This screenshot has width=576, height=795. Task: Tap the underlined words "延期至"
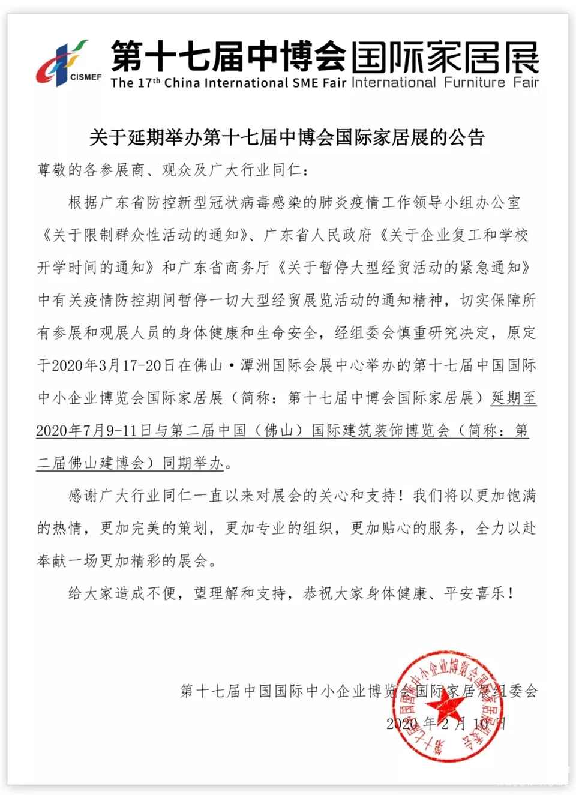(x=514, y=398)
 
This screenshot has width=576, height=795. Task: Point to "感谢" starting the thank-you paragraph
(x=83, y=496)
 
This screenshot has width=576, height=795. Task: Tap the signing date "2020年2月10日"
(x=446, y=724)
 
